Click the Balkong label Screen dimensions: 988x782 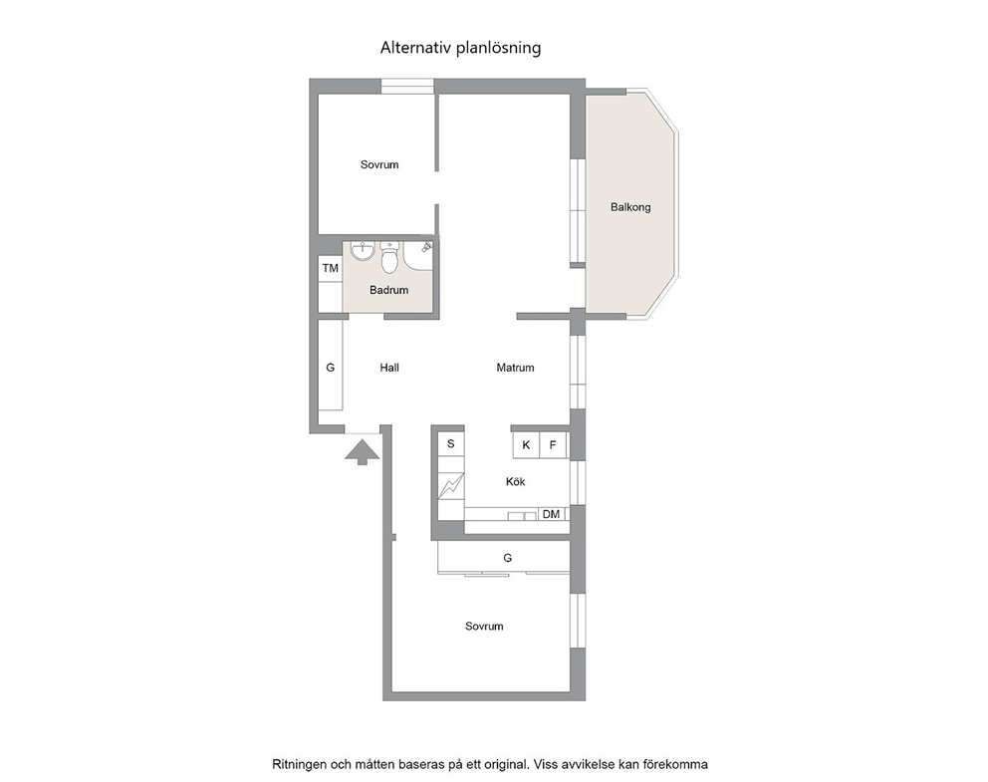point(630,207)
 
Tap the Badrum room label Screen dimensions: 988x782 point(388,291)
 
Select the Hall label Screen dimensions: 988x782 point(389,368)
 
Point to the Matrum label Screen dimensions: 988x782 point(515,368)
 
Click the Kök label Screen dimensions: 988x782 point(516,482)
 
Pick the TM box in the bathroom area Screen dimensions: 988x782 point(331,268)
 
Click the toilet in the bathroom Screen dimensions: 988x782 point(390,258)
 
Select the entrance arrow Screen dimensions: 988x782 point(363,452)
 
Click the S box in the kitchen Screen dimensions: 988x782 point(450,443)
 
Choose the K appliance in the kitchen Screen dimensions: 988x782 point(526,445)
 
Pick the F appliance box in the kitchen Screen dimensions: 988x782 point(553,445)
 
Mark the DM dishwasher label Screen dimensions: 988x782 point(552,514)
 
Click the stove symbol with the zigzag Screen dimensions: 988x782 point(450,486)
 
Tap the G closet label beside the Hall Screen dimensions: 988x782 point(331,368)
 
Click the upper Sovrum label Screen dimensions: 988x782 point(379,165)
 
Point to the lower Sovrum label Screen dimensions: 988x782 point(484,627)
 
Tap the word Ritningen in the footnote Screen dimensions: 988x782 point(300,764)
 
